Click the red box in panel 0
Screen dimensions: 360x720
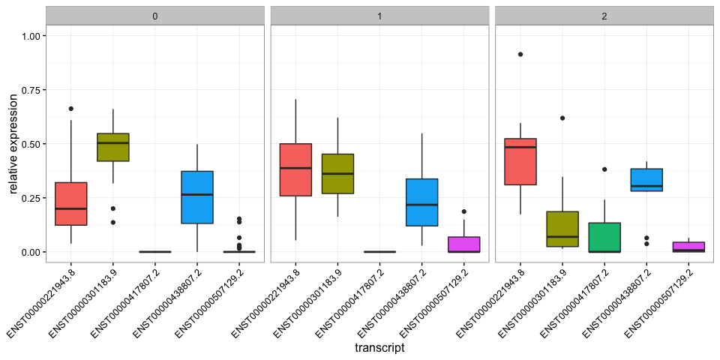[x=71, y=203]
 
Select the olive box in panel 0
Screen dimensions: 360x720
[x=113, y=147]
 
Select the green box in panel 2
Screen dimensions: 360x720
[x=604, y=237]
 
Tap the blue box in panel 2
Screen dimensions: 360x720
[x=646, y=179]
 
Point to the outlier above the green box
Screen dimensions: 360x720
[x=604, y=169]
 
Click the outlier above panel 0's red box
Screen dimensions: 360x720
[x=71, y=109]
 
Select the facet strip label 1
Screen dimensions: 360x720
[x=379, y=16]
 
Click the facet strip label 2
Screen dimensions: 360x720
[x=604, y=16]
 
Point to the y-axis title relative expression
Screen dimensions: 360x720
[x=14, y=144]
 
